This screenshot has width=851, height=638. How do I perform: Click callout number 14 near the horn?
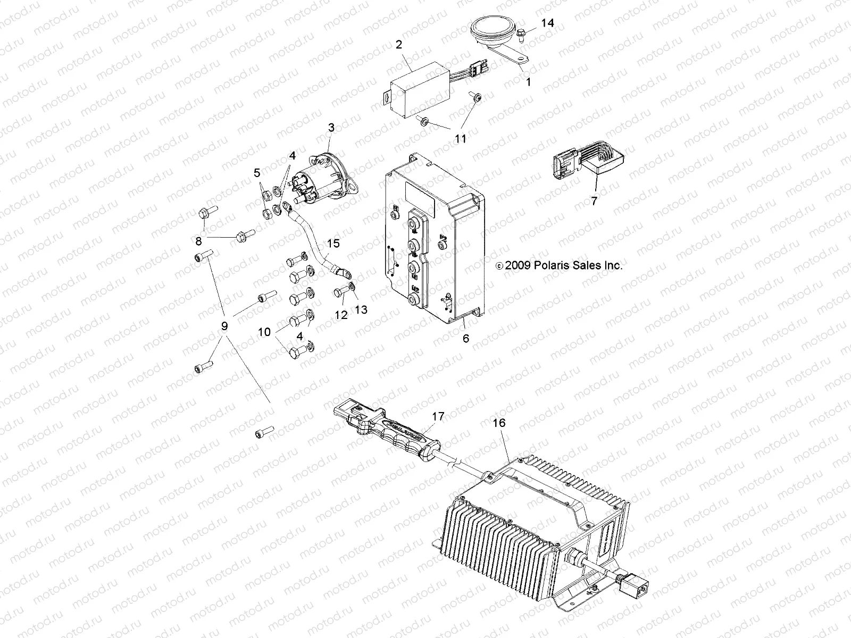pyautogui.click(x=547, y=23)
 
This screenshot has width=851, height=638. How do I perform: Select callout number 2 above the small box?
pyautogui.click(x=398, y=45)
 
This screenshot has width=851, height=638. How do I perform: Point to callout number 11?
pyautogui.click(x=461, y=138)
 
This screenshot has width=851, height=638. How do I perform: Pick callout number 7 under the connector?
pyautogui.click(x=594, y=200)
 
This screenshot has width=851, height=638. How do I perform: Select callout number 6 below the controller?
pyautogui.click(x=466, y=338)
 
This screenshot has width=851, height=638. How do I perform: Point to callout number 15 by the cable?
pyautogui.click(x=333, y=244)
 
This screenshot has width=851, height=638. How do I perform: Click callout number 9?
pyautogui.click(x=224, y=326)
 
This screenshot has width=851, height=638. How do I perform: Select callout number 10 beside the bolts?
pyautogui.click(x=264, y=332)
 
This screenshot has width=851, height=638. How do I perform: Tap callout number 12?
pyautogui.click(x=341, y=315)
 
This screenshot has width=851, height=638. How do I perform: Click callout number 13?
pyautogui.click(x=361, y=309)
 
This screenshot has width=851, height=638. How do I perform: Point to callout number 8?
pyautogui.click(x=198, y=240)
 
